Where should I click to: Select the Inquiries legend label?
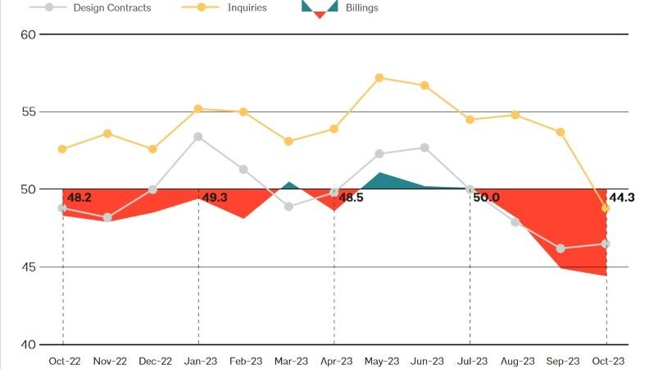247,7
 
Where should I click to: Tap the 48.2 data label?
79,198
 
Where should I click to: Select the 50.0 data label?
486,198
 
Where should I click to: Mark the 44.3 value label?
623,197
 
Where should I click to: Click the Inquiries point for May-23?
379,78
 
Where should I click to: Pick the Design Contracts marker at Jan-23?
198,137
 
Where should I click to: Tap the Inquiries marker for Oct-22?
62,149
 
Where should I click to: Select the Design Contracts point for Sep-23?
560,248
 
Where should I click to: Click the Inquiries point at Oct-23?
606,208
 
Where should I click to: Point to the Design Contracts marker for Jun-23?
424,148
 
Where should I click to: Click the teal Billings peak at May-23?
379,175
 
